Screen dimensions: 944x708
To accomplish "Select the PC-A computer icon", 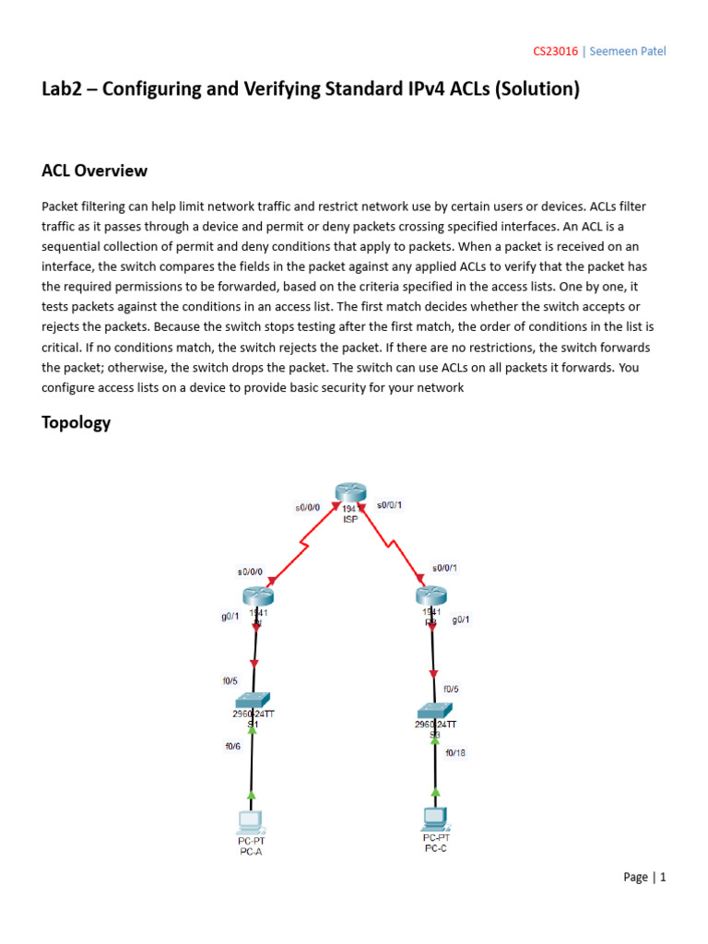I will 250,820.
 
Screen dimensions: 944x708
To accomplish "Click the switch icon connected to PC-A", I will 253,700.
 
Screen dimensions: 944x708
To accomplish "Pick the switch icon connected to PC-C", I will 434,711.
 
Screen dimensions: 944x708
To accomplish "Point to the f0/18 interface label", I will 455,752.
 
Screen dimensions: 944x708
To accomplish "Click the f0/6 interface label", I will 233,747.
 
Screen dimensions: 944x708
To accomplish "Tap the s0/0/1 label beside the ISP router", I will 390,505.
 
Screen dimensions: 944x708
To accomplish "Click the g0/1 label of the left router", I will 230,617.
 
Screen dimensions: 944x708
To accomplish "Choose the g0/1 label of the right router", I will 461,619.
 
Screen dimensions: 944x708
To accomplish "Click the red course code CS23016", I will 556,52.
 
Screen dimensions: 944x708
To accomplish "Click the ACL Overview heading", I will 95,171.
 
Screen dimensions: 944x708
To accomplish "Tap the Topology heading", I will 77,422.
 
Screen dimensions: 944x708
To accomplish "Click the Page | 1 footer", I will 644,877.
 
